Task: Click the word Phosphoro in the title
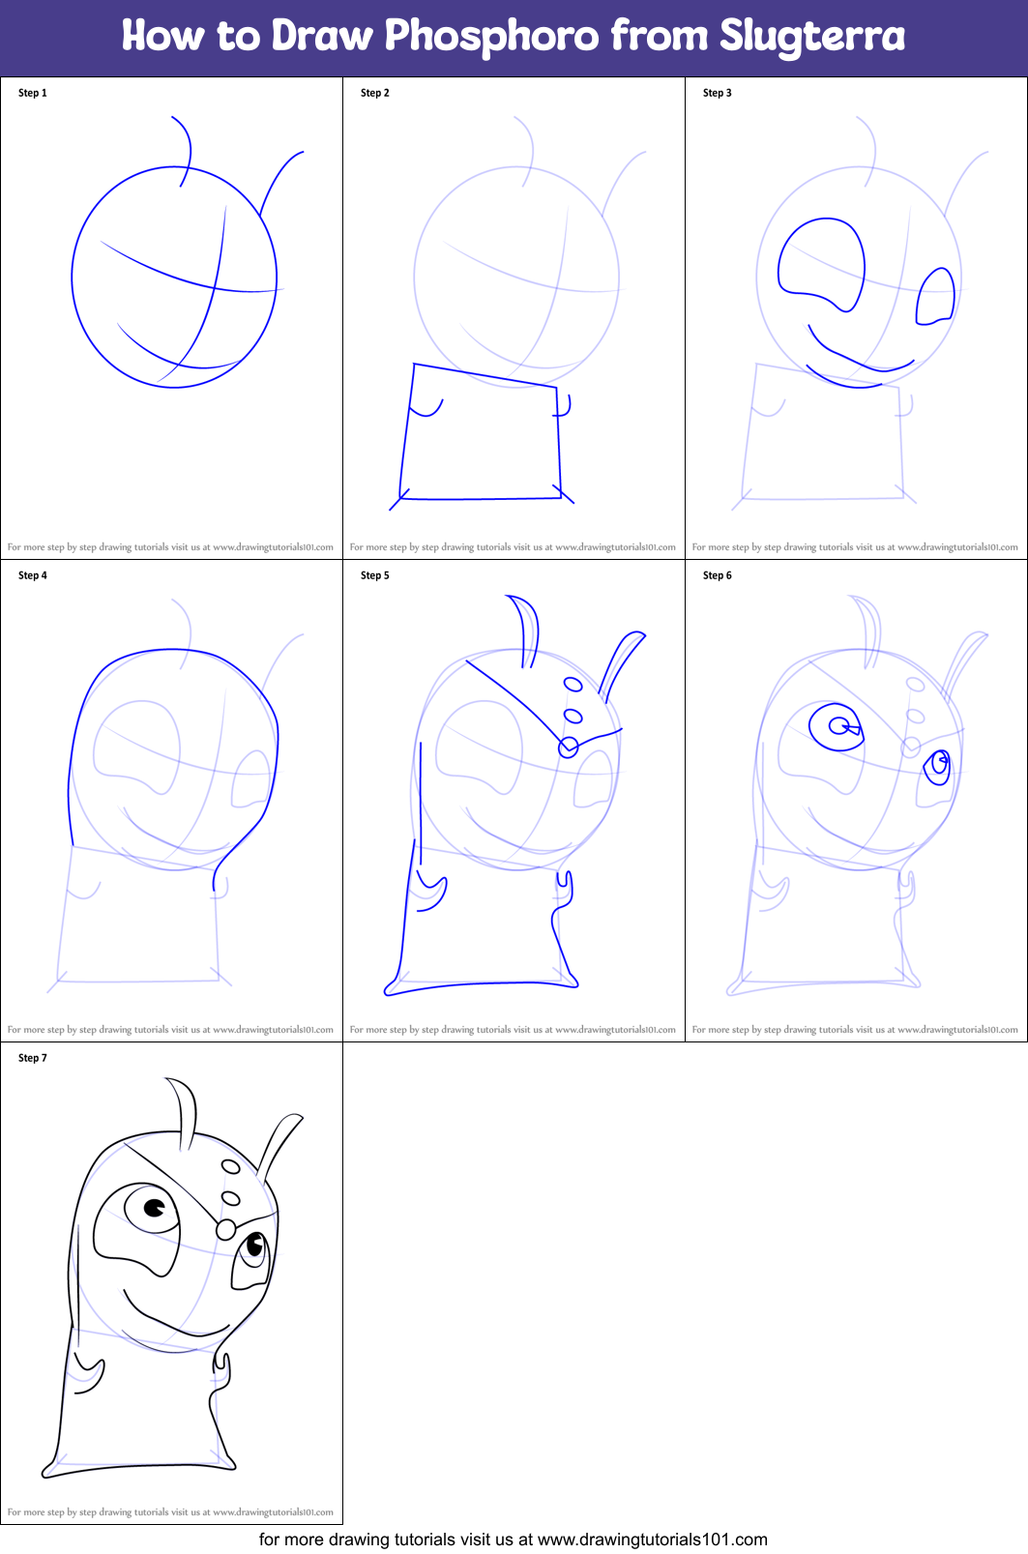(x=491, y=37)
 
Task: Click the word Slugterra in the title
(x=811, y=37)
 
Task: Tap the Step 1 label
(x=33, y=93)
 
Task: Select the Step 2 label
(x=375, y=93)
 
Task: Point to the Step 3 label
(x=718, y=93)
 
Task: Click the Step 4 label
(x=33, y=575)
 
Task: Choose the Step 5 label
(x=375, y=575)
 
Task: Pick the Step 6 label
(x=718, y=575)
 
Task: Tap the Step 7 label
(x=33, y=1058)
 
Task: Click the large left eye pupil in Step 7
(x=154, y=1207)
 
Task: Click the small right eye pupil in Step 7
(x=255, y=1244)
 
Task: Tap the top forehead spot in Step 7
(x=230, y=1167)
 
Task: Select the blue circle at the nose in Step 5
(x=569, y=747)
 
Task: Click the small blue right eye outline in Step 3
(x=935, y=295)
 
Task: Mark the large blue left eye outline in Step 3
(x=823, y=263)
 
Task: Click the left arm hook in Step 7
(x=90, y=1378)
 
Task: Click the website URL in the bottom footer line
(x=652, y=1539)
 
